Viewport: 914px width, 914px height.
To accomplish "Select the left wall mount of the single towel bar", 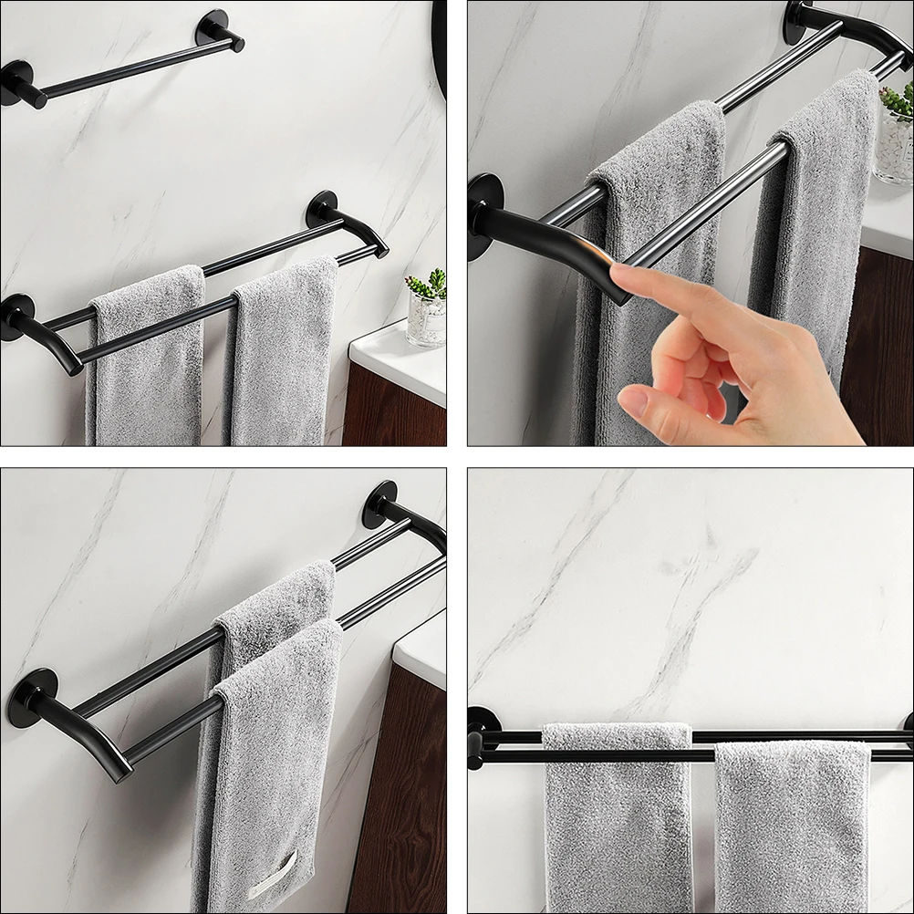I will click(x=16, y=82).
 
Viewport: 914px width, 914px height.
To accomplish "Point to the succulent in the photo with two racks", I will click(x=427, y=286).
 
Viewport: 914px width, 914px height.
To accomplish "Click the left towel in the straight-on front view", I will click(x=618, y=812).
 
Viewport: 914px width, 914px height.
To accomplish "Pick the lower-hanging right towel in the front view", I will click(x=792, y=821).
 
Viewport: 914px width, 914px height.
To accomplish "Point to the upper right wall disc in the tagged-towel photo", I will click(x=379, y=504).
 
